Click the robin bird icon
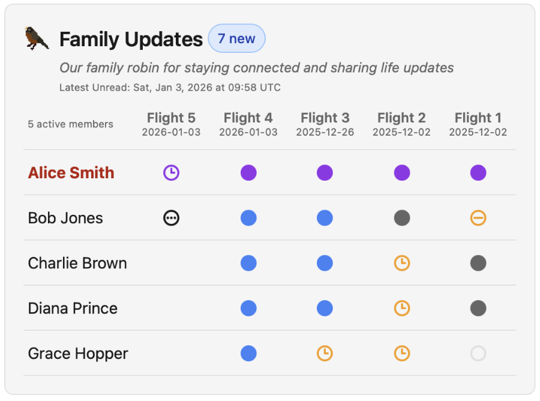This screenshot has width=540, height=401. [x=37, y=38]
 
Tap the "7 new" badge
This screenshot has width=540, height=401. [x=236, y=38]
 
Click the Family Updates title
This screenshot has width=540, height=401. [x=131, y=39]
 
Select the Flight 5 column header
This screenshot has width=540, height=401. [x=171, y=118]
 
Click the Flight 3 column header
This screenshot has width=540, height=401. [x=325, y=118]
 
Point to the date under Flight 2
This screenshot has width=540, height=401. [x=401, y=132]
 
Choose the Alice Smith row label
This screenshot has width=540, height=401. [x=71, y=173]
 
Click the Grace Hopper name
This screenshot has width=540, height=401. [x=78, y=354]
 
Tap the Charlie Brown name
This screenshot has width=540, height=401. [x=77, y=263]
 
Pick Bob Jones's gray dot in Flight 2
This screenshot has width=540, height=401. [x=402, y=218]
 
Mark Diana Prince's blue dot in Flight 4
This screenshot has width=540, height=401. [x=248, y=309]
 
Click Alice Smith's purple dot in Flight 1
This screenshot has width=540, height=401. [x=478, y=173]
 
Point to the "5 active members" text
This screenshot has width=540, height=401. [x=71, y=124]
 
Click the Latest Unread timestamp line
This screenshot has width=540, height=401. [x=170, y=88]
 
